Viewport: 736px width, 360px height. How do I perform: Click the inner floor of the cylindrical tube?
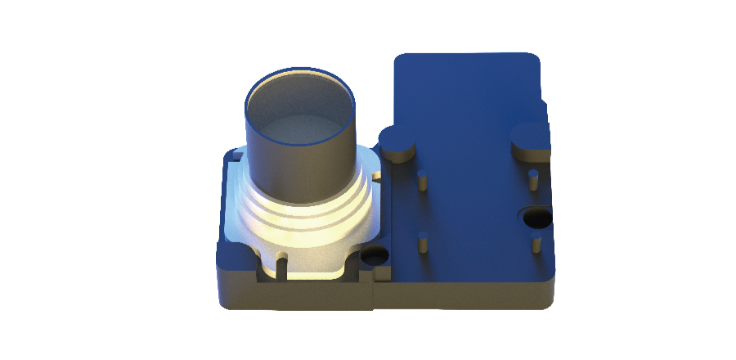pos(301,135)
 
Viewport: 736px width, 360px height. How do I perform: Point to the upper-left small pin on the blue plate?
pos(423,180)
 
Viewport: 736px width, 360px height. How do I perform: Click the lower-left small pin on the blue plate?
pos(424,243)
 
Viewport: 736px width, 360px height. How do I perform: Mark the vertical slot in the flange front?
pos(282,266)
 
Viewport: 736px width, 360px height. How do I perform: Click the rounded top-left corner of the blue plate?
pos(403,61)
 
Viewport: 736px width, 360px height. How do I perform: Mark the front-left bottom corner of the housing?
pos(222,305)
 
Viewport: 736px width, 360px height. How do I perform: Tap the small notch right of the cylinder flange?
pos(378,174)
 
